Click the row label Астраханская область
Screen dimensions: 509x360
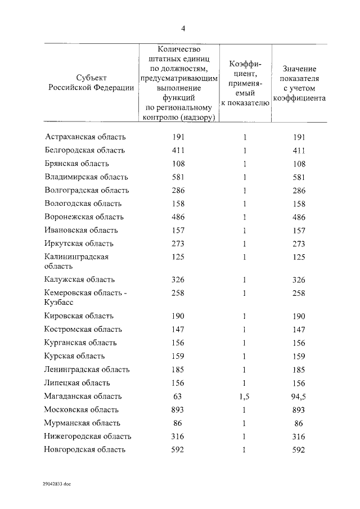tap(85, 137)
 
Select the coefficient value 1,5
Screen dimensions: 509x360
tap(244, 397)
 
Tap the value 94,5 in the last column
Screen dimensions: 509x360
tap(299, 397)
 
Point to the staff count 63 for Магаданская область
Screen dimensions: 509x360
tap(178, 397)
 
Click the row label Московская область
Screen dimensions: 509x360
tap(82, 410)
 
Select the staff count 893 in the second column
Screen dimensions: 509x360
tap(178, 410)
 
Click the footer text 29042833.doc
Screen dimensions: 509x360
tap(56, 483)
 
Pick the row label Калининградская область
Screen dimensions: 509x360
tap(76, 262)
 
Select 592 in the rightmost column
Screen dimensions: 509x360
tap(299, 449)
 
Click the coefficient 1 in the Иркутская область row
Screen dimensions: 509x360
tap(245, 244)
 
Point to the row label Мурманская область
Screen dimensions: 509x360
tap(82, 423)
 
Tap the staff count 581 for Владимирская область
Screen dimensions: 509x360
tap(178, 177)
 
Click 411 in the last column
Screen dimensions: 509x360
tap(299, 150)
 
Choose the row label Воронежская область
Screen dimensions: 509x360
tap(84, 217)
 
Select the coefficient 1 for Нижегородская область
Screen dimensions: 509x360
tap(245, 436)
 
